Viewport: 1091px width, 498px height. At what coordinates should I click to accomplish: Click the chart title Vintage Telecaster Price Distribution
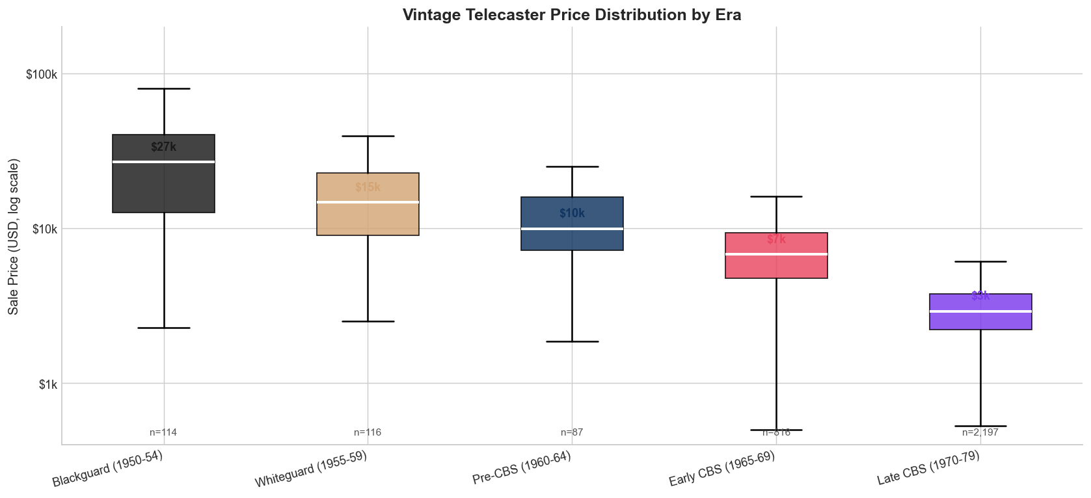pyautogui.click(x=571, y=14)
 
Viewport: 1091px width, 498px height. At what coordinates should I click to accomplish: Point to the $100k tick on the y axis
pyautogui.click(x=42, y=74)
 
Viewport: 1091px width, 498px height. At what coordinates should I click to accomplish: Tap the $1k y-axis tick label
pyautogui.click(x=47, y=384)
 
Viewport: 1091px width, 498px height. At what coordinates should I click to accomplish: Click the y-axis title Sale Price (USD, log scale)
pyautogui.click(x=14, y=237)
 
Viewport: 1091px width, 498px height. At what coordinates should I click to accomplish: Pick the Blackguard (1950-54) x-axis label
pyautogui.click(x=107, y=469)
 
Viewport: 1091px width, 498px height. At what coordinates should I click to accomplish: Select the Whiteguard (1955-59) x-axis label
pyautogui.click(x=311, y=469)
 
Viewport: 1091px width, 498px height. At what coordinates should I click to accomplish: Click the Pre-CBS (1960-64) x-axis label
pyautogui.click(x=522, y=469)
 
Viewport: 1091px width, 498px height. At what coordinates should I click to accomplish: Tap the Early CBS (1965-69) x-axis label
pyautogui.click(x=722, y=469)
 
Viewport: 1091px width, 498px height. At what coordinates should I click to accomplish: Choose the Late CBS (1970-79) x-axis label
pyautogui.click(x=928, y=469)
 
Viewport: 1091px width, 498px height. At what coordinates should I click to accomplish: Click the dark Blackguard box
pyautogui.click(x=164, y=189)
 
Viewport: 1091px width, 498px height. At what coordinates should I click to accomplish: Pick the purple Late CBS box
pyautogui.click(x=980, y=320)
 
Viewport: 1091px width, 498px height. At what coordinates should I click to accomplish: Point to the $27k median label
pyautogui.click(x=163, y=147)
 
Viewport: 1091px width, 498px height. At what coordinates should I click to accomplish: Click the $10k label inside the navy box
pyautogui.click(x=572, y=213)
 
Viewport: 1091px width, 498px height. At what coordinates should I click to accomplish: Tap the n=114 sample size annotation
pyautogui.click(x=163, y=432)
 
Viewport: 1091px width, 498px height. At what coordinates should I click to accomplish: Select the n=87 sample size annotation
pyautogui.click(x=572, y=432)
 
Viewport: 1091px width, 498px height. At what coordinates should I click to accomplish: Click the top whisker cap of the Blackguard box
pyautogui.click(x=164, y=88)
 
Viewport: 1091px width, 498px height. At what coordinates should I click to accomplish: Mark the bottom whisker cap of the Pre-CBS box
pyautogui.click(x=572, y=341)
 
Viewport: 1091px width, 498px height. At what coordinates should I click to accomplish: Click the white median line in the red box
pyautogui.click(x=776, y=254)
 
